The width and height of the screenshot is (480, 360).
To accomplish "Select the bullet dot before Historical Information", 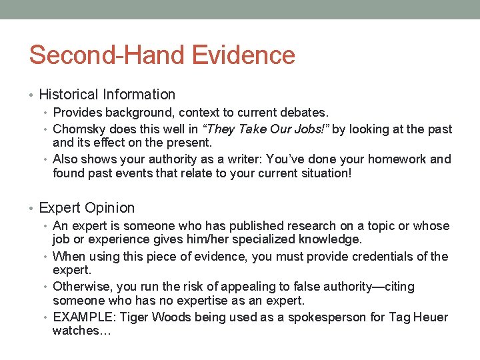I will point(33,95).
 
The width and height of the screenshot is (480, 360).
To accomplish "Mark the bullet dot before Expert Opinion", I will point(33,209).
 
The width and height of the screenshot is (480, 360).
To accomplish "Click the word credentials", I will point(377,257).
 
